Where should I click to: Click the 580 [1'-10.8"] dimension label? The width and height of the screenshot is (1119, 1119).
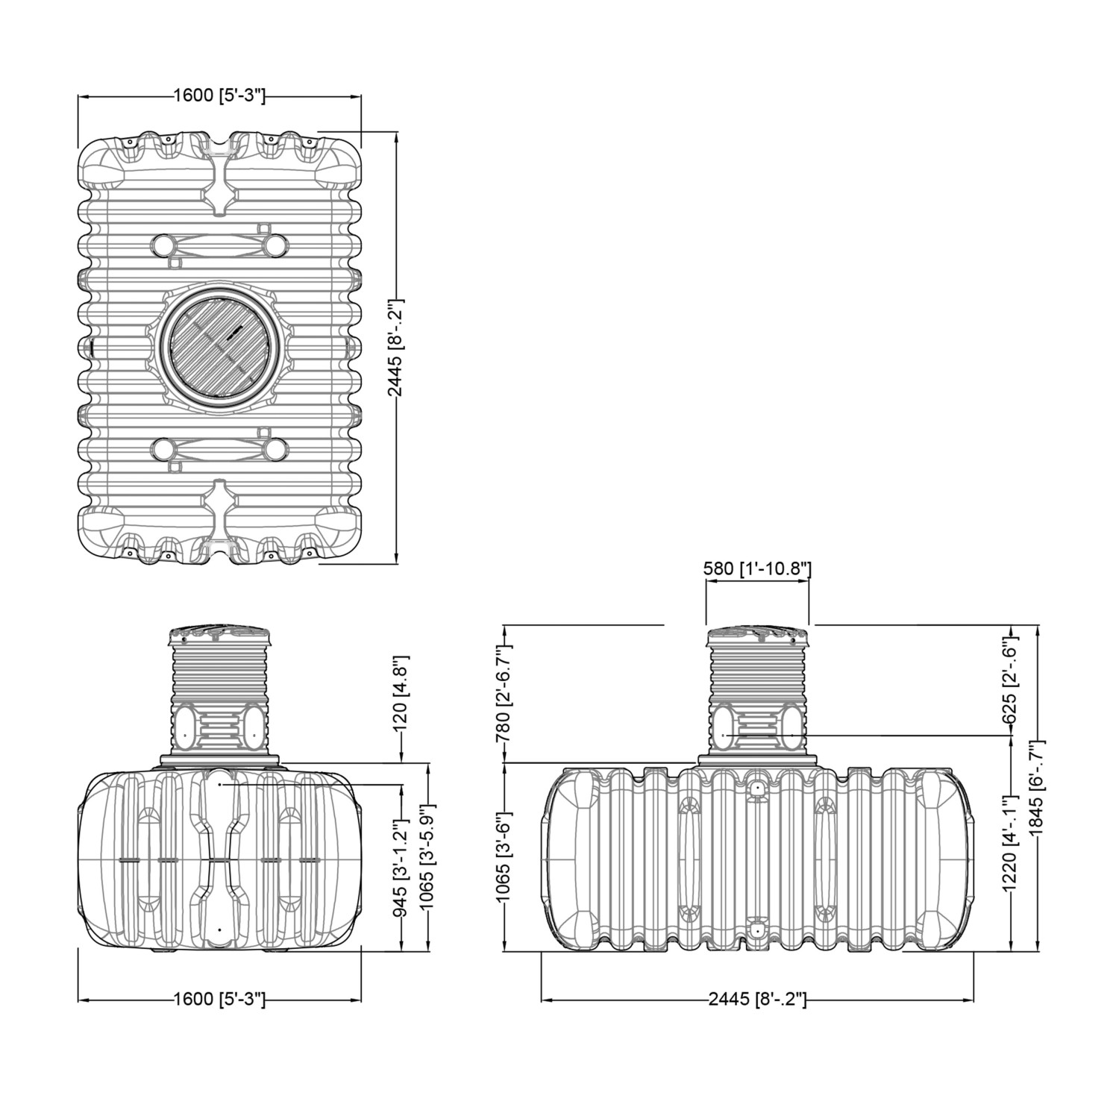tap(757, 568)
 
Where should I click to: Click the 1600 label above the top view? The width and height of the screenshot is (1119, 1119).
tap(219, 96)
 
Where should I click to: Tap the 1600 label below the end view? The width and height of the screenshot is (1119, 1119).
tap(219, 999)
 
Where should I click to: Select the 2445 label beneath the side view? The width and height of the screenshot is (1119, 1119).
tap(757, 999)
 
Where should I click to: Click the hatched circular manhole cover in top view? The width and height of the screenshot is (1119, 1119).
tap(220, 348)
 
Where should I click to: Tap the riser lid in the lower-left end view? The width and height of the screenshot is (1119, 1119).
tap(220, 636)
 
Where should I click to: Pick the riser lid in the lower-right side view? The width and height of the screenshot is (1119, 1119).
tap(757, 636)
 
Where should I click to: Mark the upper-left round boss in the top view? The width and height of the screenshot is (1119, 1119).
tap(163, 244)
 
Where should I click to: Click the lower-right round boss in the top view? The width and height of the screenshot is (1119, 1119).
tap(276, 449)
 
